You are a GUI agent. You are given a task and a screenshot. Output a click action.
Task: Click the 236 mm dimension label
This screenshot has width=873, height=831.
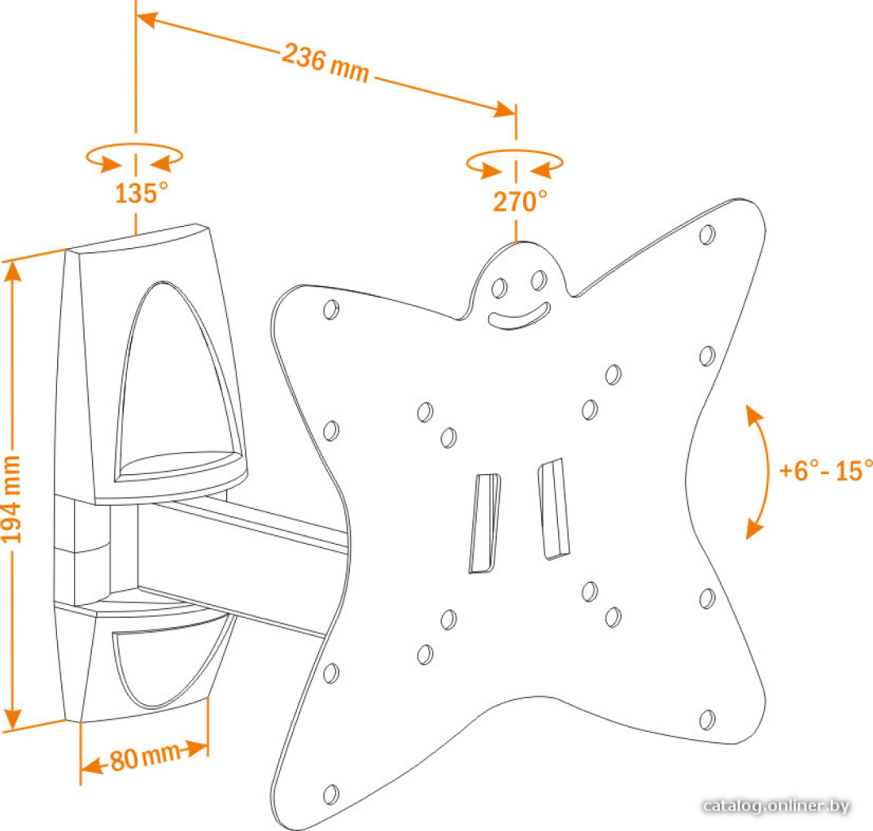325,63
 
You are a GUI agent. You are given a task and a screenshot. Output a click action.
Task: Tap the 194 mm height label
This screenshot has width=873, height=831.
11,500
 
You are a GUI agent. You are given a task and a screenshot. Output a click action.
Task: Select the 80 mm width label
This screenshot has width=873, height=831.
145,757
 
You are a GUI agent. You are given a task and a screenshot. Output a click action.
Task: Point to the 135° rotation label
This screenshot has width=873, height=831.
141,193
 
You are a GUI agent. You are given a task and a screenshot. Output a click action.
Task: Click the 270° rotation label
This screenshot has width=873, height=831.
520,201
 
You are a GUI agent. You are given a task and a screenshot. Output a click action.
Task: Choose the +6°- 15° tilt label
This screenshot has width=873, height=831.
825,470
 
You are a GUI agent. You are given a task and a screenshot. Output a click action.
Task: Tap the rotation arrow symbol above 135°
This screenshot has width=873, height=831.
134,158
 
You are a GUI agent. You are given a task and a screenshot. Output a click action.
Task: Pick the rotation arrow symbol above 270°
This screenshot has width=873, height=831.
514,163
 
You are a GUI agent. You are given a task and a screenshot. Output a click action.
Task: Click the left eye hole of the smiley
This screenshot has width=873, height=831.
499,288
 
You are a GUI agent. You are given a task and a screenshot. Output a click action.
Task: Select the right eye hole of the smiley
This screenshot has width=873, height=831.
539,281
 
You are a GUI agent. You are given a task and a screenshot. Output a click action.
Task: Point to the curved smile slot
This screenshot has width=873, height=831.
519,316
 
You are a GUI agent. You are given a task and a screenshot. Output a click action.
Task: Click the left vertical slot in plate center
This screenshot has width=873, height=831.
484,523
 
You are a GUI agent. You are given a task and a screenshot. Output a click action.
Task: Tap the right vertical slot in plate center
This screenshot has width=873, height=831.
553,508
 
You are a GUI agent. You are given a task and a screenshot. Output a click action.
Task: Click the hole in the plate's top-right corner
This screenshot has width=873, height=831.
707,234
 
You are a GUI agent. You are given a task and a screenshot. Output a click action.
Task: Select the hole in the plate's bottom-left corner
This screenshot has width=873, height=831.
331,795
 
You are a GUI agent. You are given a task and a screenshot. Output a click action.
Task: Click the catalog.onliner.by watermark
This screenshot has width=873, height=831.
776,806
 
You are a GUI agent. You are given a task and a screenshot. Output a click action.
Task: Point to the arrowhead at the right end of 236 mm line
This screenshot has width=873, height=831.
505,109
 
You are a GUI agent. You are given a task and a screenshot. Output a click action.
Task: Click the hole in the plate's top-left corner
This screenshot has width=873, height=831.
331,308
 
